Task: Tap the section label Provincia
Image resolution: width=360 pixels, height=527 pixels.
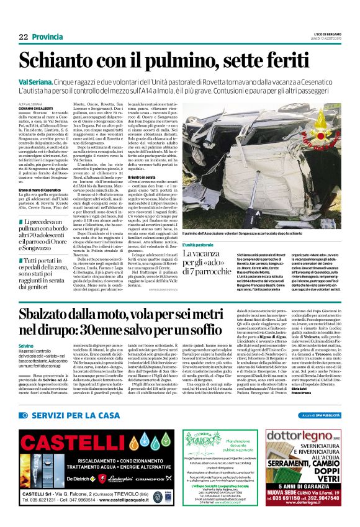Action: tap(47, 37)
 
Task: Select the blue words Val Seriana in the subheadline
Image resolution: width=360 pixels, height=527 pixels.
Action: tap(35, 82)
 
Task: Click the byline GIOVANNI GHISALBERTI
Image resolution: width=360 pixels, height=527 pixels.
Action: tap(41, 108)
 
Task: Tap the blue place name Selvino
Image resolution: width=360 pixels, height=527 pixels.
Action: tap(26, 344)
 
